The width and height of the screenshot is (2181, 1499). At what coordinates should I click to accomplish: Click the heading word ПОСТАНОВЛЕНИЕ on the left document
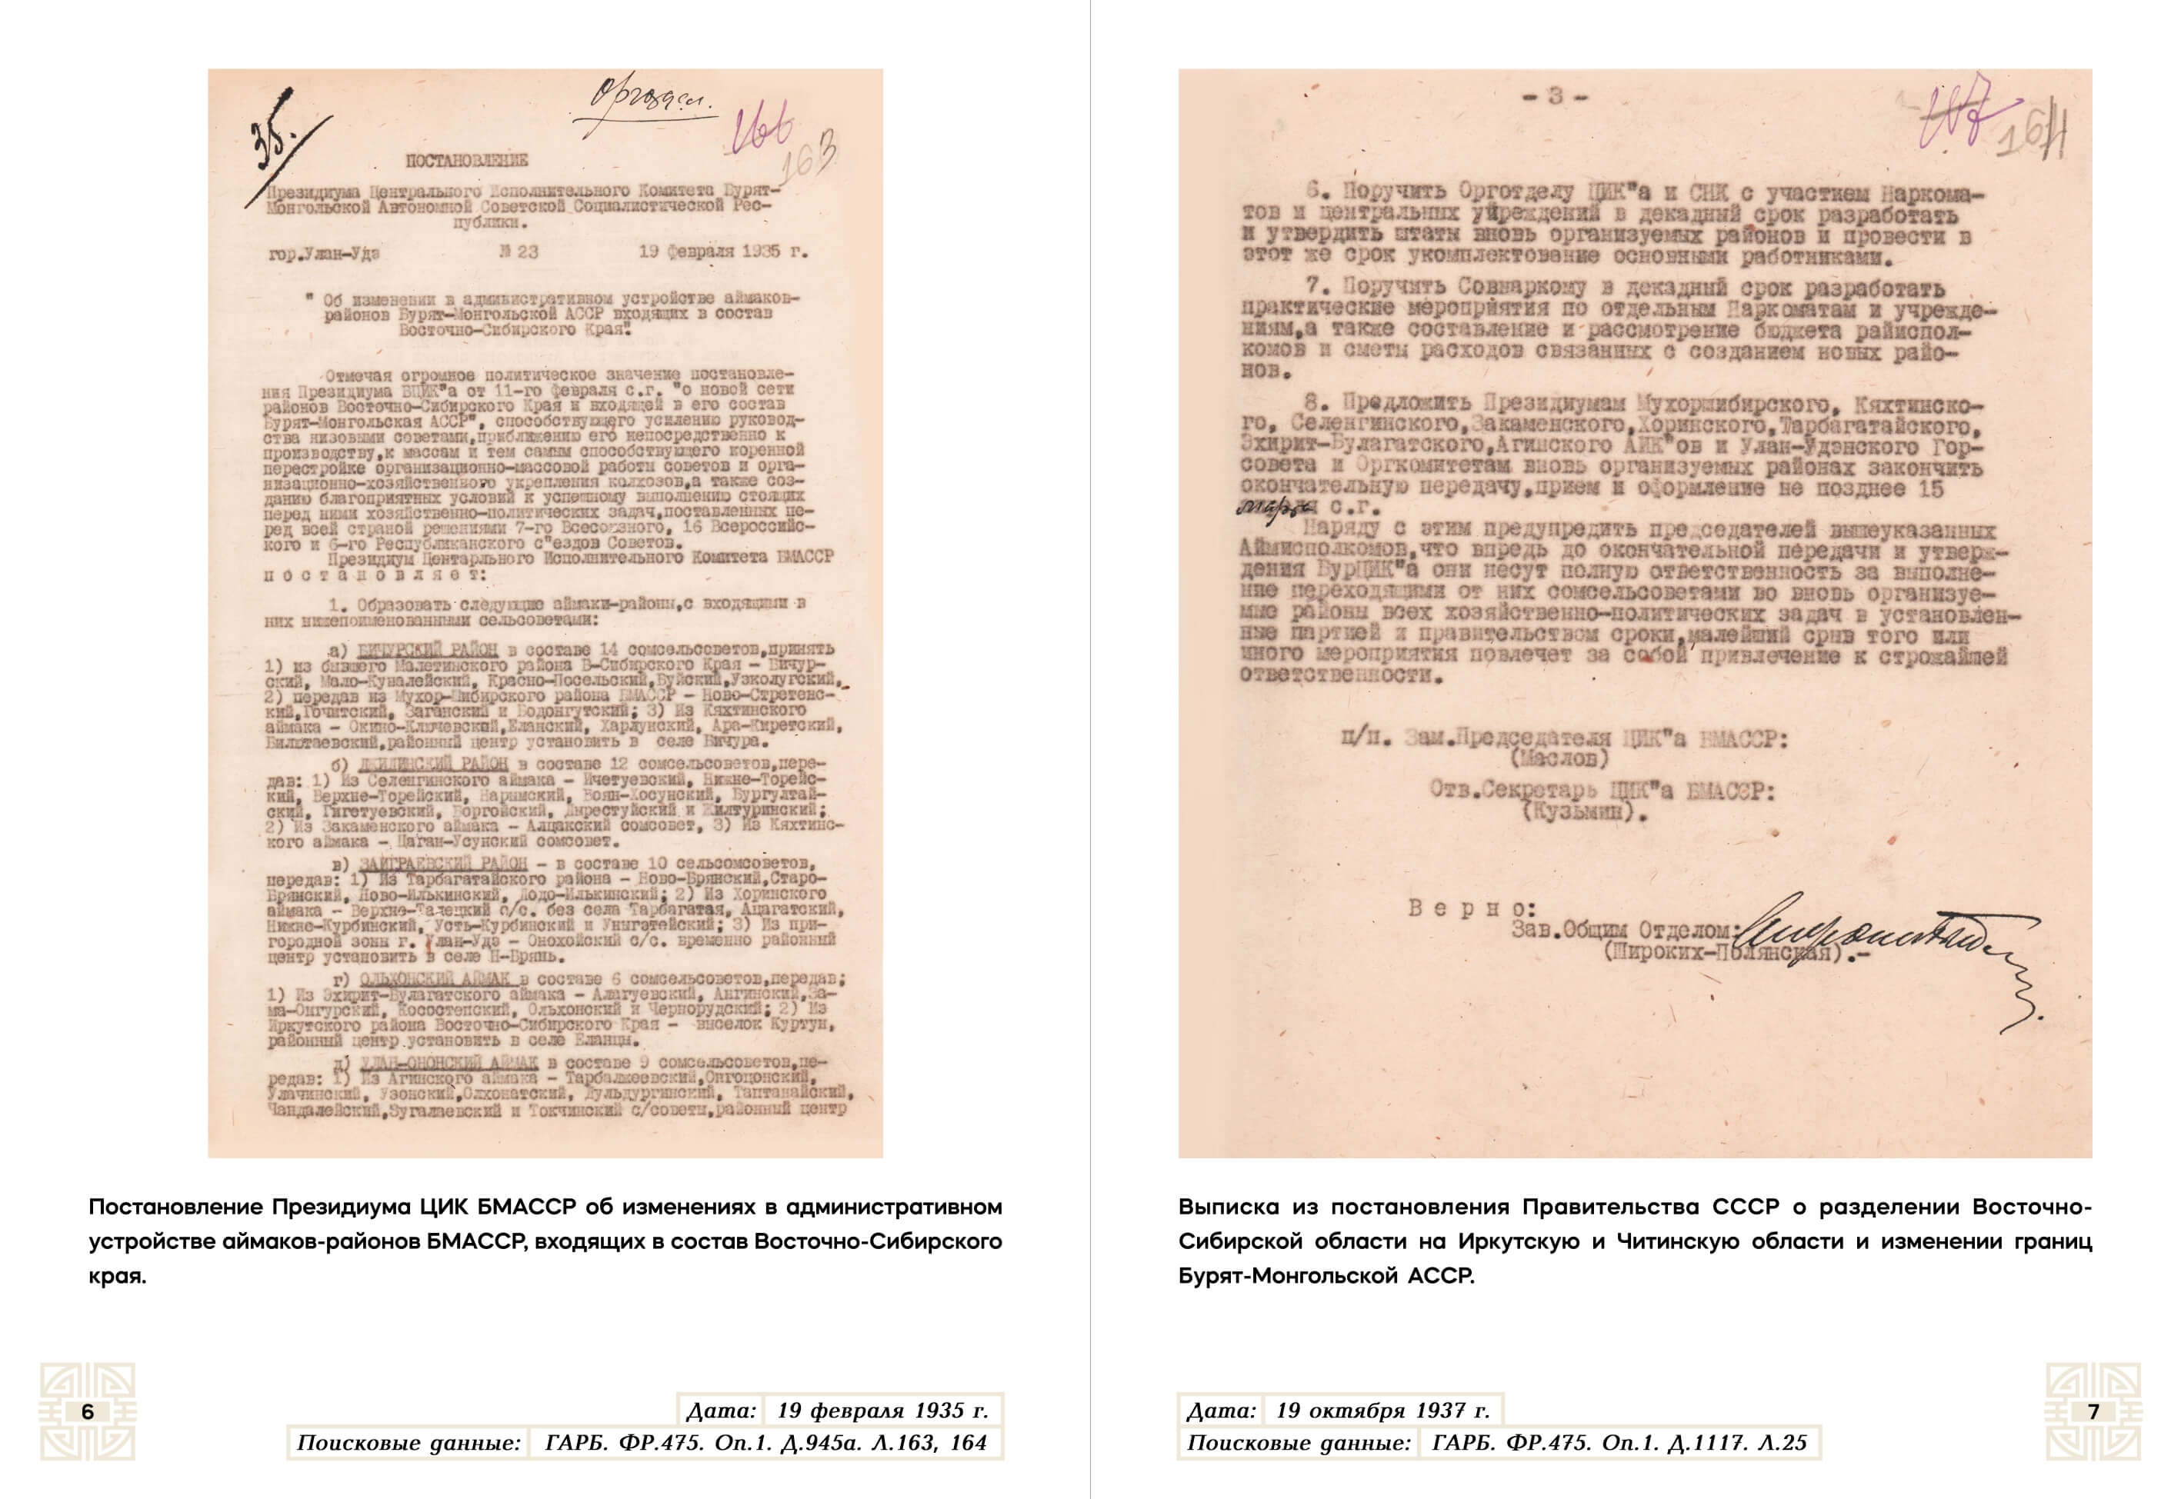467,161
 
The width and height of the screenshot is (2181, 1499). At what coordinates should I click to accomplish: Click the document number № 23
519,251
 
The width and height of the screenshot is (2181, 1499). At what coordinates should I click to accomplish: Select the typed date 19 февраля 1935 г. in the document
723,251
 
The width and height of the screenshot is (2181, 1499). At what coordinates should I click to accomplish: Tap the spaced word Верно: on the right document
1471,908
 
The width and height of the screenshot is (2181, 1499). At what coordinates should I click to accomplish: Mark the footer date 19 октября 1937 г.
1382,1410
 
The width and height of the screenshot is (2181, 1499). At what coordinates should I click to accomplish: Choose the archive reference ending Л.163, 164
765,1443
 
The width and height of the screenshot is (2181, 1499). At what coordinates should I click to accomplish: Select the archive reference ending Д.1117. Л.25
1619,1443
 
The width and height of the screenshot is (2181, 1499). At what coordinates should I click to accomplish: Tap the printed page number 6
88,1411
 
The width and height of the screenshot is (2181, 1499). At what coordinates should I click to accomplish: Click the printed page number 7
2093,1411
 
